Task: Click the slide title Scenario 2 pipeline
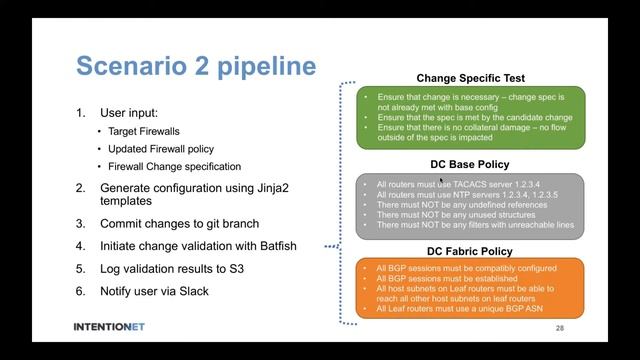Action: pyautogui.click(x=196, y=67)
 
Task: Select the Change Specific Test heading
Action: pyautogui.click(x=470, y=78)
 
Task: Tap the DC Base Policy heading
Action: pyautogui.click(x=462, y=164)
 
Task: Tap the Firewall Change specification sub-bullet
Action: pyautogui.click(x=175, y=166)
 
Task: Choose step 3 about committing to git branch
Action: pyautogui.click(x=180, y=223)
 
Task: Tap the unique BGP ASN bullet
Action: pyautogui.click(x=457, y=310)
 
